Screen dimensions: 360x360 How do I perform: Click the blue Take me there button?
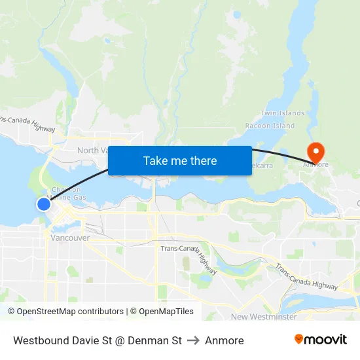pyautogui.click(x=180, y=160)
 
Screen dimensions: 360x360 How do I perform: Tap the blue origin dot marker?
pyautogui.click(x=44, y=204)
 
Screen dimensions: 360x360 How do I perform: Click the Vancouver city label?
pyautogui.click(x=70, y=238)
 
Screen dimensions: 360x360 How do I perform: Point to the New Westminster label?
pyautogui.click(x=264, y=317)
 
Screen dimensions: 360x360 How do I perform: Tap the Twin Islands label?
pyautogui.click(x=282, y=113)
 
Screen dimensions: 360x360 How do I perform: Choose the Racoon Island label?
pyautogui.click(x=270, y=126)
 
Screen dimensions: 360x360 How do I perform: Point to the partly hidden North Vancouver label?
pyautogui.click(x=92, y=151)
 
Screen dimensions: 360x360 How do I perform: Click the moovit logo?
pyautogui.click(x=321, y=340)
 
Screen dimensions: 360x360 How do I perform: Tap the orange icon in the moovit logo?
pyautogui.click(x=299, y=339)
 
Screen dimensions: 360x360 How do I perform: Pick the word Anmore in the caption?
pyautogui.click(x=224, y=340)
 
